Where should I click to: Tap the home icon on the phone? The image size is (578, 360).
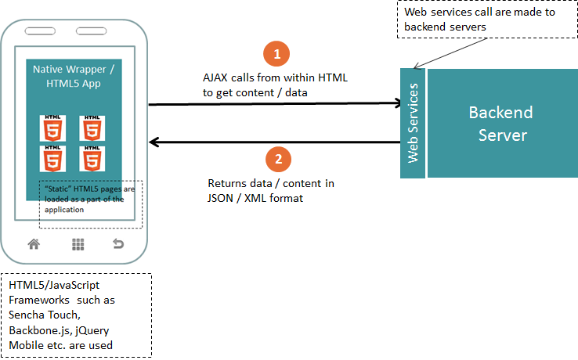[34, 243]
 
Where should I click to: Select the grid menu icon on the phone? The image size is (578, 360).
[78, 243]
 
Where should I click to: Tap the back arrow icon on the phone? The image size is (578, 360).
[118, 243]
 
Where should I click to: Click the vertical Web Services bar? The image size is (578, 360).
[413, 123]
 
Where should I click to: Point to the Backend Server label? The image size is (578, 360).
[500, 123]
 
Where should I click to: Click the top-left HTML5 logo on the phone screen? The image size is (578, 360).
[52, 128]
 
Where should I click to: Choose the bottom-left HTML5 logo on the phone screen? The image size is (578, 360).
[52, 159]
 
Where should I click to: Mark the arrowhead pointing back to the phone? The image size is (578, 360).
[154, 142]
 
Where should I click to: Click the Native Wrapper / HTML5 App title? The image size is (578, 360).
[78, 76]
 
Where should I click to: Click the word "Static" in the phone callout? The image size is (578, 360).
[59, 189]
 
